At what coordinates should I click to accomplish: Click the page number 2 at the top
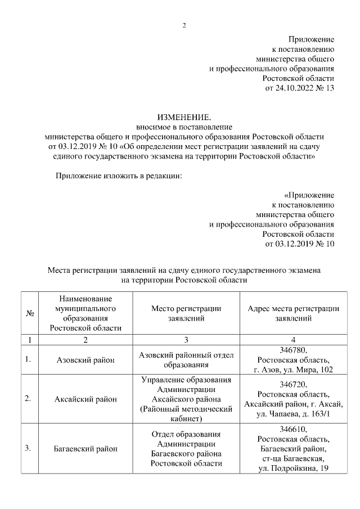pos(183,25)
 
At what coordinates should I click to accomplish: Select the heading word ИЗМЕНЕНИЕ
pos(184,118)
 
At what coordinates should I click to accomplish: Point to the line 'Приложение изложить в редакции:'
pos(118,176)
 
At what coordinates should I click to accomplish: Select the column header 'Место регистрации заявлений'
pos(186,313)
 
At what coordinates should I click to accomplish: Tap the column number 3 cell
pos(186,340)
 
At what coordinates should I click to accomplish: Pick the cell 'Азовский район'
pos(85,360)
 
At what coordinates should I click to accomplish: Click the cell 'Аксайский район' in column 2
pos(85,399)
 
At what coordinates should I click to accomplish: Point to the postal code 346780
pos(293,350)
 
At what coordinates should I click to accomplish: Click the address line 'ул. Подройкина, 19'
pos(293,469)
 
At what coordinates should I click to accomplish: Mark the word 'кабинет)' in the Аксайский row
pos(186,419)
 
